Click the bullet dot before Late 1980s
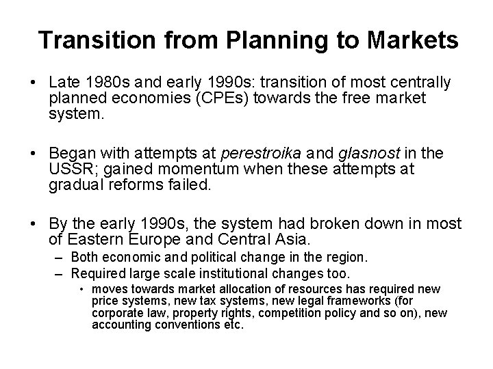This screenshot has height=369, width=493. click(34, 83)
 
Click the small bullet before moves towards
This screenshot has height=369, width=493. click(82, 290)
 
